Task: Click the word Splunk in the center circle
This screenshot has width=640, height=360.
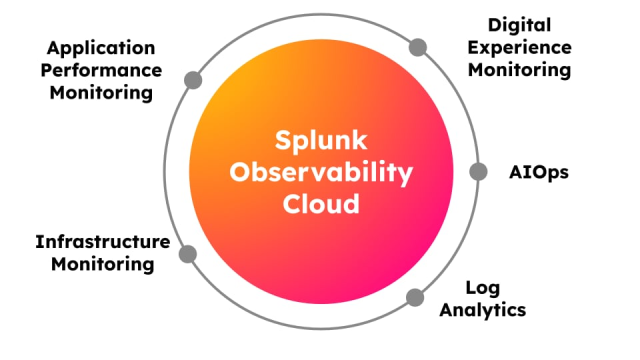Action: tap(321, 141)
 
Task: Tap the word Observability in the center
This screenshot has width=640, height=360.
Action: tap(321, 173)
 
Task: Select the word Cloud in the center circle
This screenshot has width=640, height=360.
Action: tap(321, 204)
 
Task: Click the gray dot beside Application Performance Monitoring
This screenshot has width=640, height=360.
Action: tap(193, 80)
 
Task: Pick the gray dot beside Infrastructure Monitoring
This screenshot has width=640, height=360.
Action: tap(188, 253)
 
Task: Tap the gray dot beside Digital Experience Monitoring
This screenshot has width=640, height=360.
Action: tap(418, 47)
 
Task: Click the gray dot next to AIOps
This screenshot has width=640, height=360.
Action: tap(478, 171)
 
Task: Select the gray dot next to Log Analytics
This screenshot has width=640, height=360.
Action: tap(415, 296)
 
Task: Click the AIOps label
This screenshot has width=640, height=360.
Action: tap(538, 172)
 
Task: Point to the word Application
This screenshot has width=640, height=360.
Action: tap(101, 49)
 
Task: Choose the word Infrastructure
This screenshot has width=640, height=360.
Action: tap(102, 242)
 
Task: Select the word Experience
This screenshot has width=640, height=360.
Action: tap(529, 47)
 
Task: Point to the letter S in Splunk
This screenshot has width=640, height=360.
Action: tap(282, 141)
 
